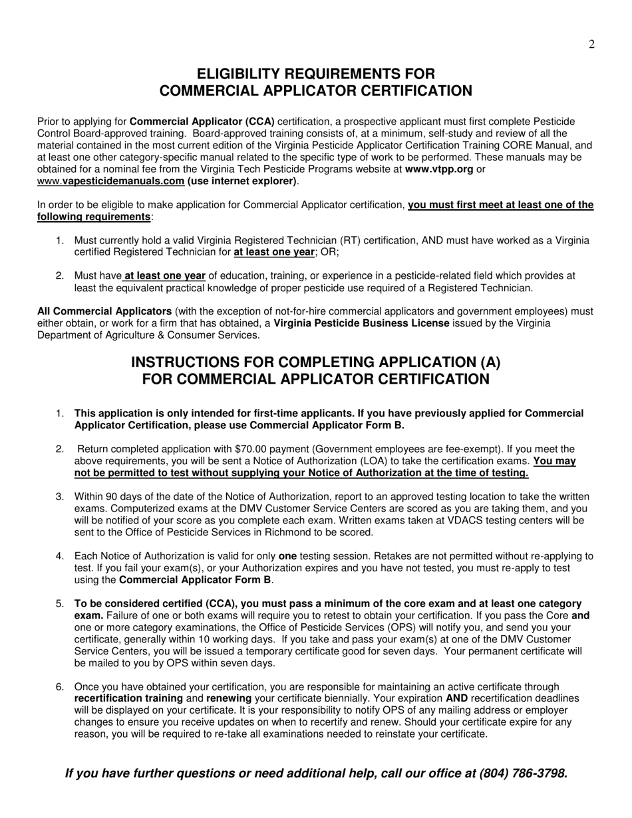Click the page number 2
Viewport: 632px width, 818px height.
click(x=591, y=45)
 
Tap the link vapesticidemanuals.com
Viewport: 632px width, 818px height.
click(x=123, y=181)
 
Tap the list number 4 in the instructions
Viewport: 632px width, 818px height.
click(x=60, y=556)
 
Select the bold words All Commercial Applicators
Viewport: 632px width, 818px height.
click(x=104, y=311)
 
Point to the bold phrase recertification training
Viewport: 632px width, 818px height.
click(x=128, y=698)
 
